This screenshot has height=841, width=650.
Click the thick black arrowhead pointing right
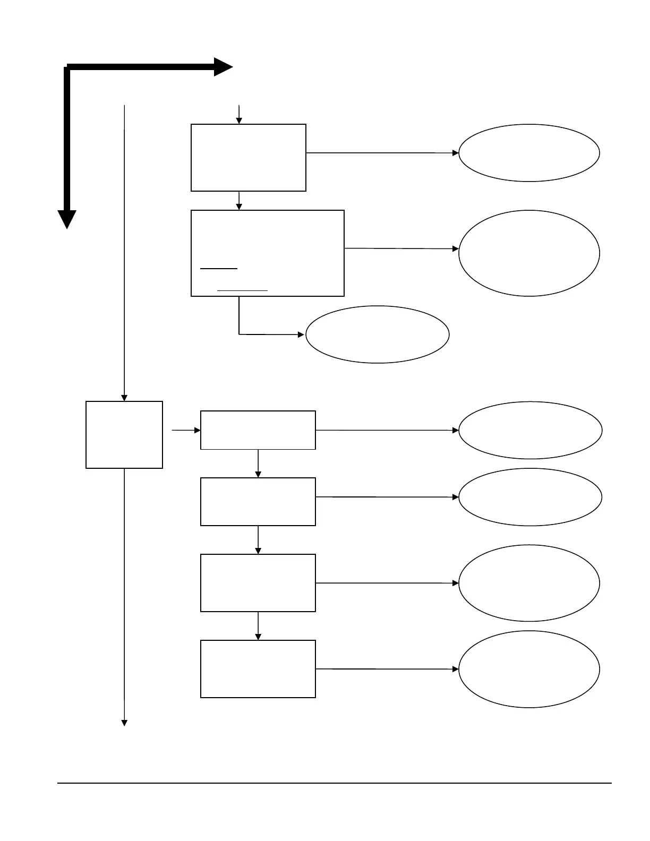click(x=223, y=67)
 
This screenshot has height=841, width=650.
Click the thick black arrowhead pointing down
click(x=67, y=219)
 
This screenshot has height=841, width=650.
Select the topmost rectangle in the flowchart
click(x=249, y=158)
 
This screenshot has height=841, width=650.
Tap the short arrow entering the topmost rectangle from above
click(x=239, y=114)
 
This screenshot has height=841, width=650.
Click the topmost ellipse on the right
click(x=529, y=153)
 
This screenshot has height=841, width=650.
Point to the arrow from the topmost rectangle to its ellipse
click(x=382, y=153)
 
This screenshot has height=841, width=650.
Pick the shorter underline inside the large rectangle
click(x=219, y=269)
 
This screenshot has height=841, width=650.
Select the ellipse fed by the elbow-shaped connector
click(x=378, y=334)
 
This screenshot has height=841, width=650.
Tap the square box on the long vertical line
click(x=124, y=435)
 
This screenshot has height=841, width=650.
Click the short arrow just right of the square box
click(x=186, y=430)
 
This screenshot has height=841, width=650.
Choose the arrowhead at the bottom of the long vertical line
click(x=124, y=723)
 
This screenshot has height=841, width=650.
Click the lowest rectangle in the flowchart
click(x=258, y=669)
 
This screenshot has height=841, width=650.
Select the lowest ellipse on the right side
click(x=529, y=669)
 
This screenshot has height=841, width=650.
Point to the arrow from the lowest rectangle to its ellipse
click(x=387, y=669)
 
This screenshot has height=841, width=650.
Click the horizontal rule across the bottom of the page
click(x=335, y=783)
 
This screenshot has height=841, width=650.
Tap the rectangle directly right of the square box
click(x=258, y=430)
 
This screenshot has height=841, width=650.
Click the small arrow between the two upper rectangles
click(x=239, y=201)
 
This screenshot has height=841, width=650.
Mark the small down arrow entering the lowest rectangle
click(x=258, y=626)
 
